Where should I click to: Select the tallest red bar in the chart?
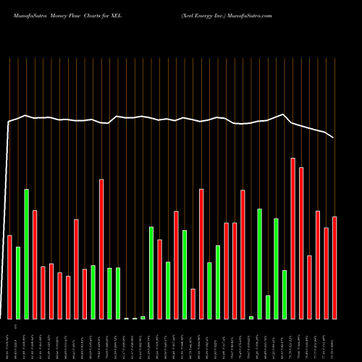tap(292, 238)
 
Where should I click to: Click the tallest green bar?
tap(27, 253)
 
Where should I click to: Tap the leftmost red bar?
tap(10, 277)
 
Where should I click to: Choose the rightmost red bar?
tap(334, 267)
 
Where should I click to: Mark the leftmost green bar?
tap(18, 282)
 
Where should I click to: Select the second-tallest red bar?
tap(301, 243)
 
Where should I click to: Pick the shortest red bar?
tap(193, 303)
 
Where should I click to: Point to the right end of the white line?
tap(334, 138)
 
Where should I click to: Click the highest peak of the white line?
tap(283, 114)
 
